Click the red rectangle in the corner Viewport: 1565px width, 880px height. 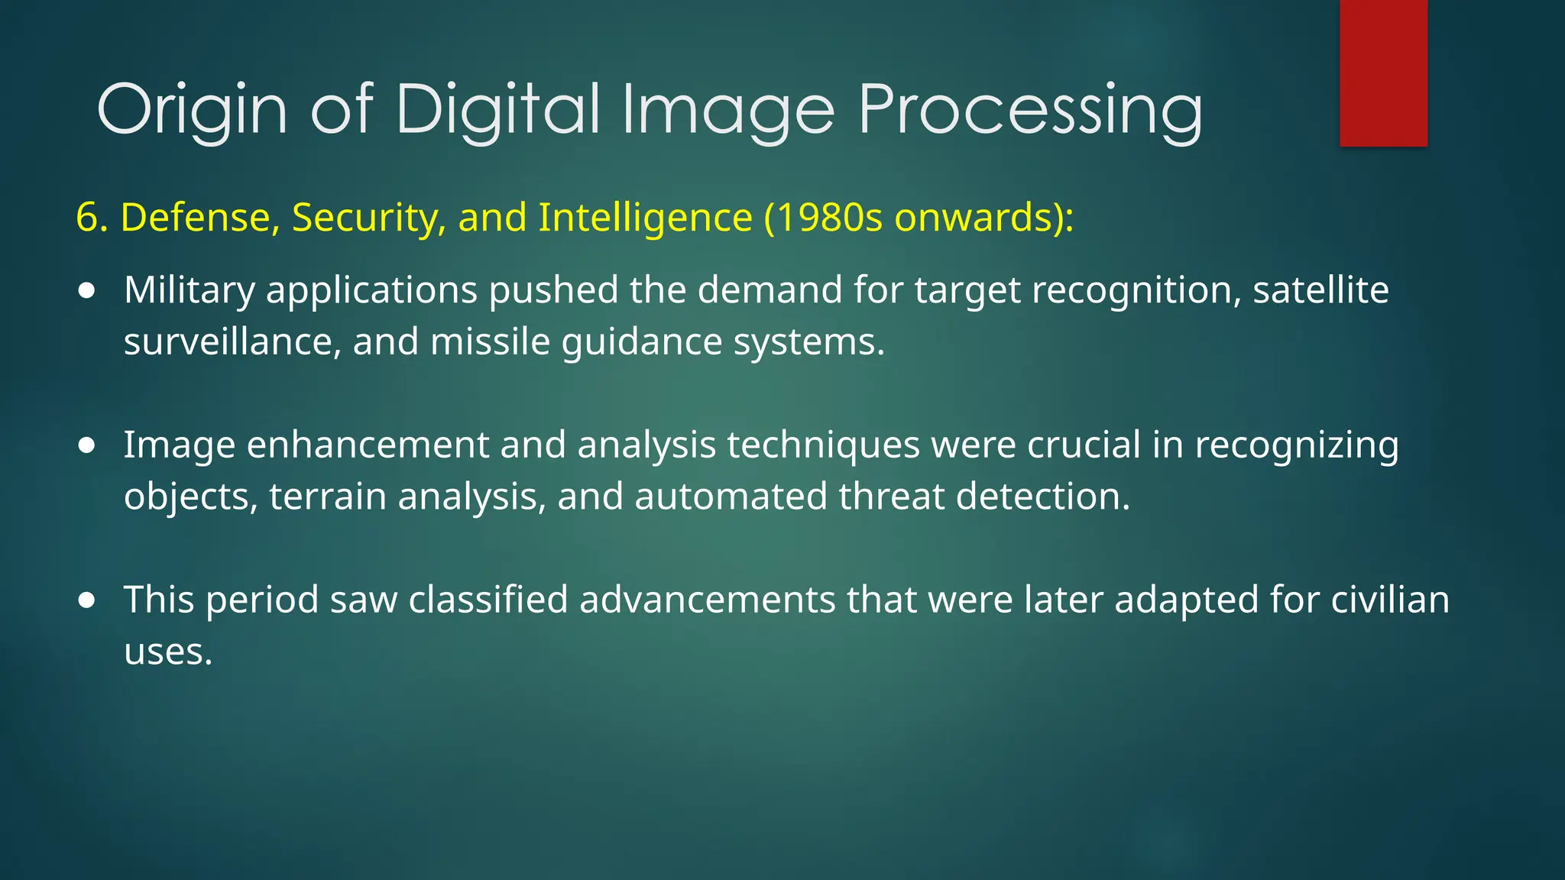(1383, 73)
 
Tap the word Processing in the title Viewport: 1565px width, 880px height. (1030, 109)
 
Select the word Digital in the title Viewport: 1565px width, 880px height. (497, 109)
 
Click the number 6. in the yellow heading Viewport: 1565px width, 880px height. (92, 218)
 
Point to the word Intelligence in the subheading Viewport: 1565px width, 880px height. (645, 218)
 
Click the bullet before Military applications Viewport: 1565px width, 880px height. (87, 291)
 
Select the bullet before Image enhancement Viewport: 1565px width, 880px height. (87, 445)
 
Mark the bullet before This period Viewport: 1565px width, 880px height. (87, 600)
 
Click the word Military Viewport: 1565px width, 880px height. (190, 291)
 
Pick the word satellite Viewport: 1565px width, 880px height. (1320, 291)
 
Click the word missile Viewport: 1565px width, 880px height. (490, 341)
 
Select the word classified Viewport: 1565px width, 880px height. (488, 600)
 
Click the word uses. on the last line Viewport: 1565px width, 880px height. (168, 652)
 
